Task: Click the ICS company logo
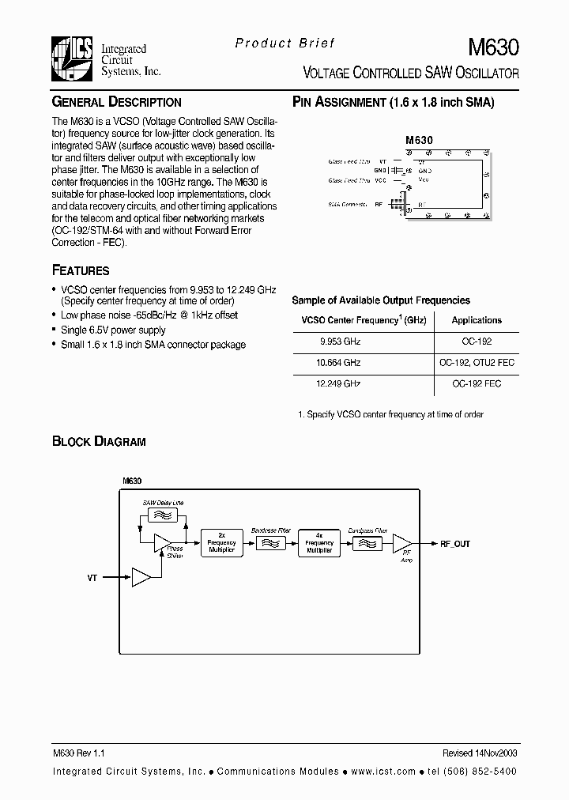click(72, 58)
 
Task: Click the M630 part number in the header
click(494, 47)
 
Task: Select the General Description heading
click(116, 103)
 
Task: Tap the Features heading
click(81, 270)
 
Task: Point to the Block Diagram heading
click(99, 441)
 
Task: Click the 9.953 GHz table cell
click(341, 342)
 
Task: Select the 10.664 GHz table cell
click(341, 362)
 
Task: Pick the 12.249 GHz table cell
click(341, 383)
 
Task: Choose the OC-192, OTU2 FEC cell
click(477, 362)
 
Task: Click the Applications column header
click(477, 320)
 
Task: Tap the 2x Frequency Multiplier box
click(221, 544)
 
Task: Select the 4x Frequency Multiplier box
click(318, 544)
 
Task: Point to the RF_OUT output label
click(454, 544)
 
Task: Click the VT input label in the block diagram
click(92, 579)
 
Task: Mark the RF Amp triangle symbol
click(402, 544)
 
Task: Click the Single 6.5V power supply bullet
click(113, 330)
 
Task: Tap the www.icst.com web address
click(382, 771)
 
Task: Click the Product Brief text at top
click(285, 43)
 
